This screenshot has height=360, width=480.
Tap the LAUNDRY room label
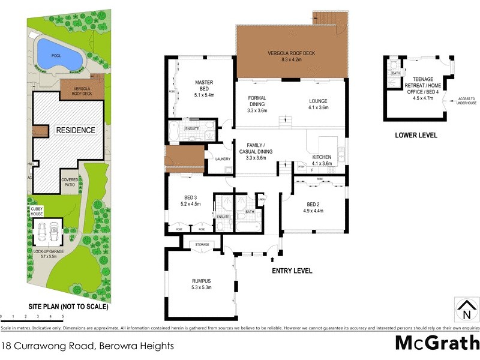[215, 159]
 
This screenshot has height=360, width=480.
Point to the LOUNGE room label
[318, 101]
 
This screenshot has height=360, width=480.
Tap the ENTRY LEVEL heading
[292, 271]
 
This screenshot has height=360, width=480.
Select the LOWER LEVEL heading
[416, 135]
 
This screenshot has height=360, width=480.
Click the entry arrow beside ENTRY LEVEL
[274, 259]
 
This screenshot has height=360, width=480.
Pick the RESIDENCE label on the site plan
[75, 130]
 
